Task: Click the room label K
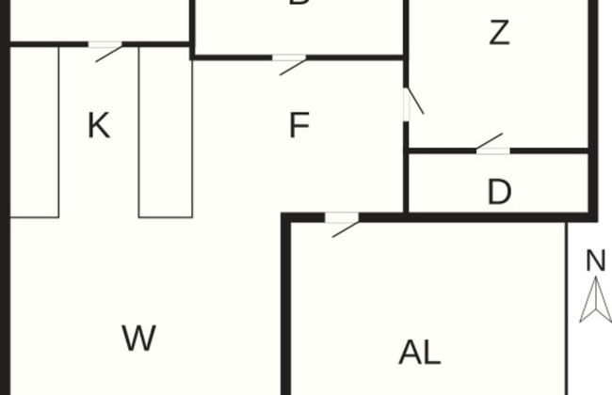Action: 99,125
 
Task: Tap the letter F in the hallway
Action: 299,125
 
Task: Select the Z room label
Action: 499,34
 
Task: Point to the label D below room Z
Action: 499,193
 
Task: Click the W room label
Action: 138,338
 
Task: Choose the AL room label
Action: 420,353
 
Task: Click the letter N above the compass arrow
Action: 595,261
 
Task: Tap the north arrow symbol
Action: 595,303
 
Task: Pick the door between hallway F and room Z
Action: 411,103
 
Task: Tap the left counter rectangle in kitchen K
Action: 35,132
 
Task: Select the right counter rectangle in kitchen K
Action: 165,132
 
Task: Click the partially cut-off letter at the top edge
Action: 299,4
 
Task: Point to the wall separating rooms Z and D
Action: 546,150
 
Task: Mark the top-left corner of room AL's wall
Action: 287,219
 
